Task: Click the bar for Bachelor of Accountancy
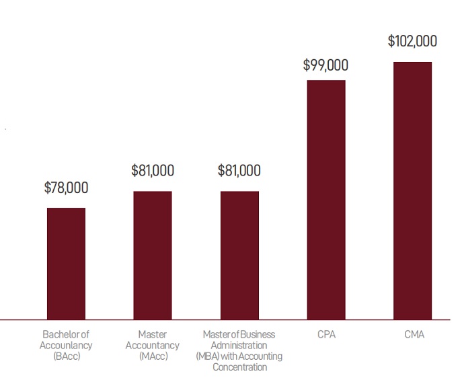point(66,263)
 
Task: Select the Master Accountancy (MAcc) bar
point(153,255)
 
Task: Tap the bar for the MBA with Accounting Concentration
point(239,255)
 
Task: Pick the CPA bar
point(326,199)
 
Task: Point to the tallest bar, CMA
point(412,190)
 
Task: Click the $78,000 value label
point(66,188)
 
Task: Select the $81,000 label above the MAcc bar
point(153,171)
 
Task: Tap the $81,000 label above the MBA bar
point(239,171)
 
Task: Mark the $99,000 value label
point(326,65)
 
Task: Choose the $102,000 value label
point(412,41)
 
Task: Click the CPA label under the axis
point(326,334)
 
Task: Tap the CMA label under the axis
point(412,334)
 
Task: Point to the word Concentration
point(239,367)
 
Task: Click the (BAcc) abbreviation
point(66,356)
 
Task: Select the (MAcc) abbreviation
point(153,356)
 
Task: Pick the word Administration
point(239,345)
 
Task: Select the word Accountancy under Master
point(153,345)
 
